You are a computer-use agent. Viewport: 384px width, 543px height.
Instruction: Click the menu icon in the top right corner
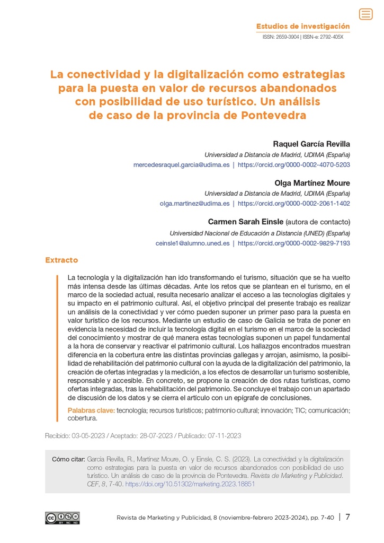[x=365, y=14]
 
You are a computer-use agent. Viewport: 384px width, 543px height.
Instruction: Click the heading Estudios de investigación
[x=303, y=26]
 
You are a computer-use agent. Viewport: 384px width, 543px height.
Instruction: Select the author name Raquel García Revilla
[x=311, y=144]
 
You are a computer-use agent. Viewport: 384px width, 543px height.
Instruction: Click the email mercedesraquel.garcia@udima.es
[x=181, y=165]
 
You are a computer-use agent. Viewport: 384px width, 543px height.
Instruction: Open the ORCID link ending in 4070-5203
[x=293, y=165]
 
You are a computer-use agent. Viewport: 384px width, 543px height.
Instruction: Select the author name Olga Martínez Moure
[x=312, y=183]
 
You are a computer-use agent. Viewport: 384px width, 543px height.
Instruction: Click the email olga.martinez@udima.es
[x=194, y=204]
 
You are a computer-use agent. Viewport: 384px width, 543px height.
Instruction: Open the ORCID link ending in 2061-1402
[x=293, y=204]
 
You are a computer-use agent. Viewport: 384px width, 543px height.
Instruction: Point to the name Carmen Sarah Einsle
[x=245, y=222]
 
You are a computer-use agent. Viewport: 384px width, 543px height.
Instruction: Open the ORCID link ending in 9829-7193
[x=293, y=243]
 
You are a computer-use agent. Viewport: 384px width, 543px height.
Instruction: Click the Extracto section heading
[x=61, y=260]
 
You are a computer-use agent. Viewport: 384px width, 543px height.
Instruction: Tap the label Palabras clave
[x=91, y=410]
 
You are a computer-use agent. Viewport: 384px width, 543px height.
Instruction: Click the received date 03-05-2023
[x=88, y=436]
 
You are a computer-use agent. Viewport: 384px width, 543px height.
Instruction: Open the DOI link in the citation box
[x=190, y=484]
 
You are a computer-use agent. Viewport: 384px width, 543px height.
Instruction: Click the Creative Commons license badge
[x=62, y=518]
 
